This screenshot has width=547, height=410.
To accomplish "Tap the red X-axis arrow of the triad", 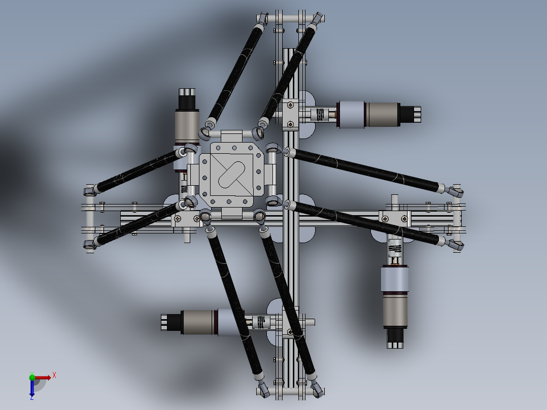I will point(43,378).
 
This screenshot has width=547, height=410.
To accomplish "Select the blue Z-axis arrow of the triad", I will point(31,388).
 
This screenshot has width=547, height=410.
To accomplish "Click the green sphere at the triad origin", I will point(32,377).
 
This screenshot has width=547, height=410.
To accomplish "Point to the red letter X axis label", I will point(54,375).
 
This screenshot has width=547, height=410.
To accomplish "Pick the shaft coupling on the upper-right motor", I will point(320,115).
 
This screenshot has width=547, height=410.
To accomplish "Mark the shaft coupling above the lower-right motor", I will point(395,248).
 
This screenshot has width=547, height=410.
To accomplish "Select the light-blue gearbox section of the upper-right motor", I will point(352,115).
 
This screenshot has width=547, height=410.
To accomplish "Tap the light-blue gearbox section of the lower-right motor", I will point(395,280).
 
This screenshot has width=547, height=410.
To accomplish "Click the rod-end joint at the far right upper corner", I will point(456,191).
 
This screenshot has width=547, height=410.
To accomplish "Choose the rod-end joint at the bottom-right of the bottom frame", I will point(316,389).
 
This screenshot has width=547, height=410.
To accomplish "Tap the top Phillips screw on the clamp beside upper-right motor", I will point(290,105).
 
